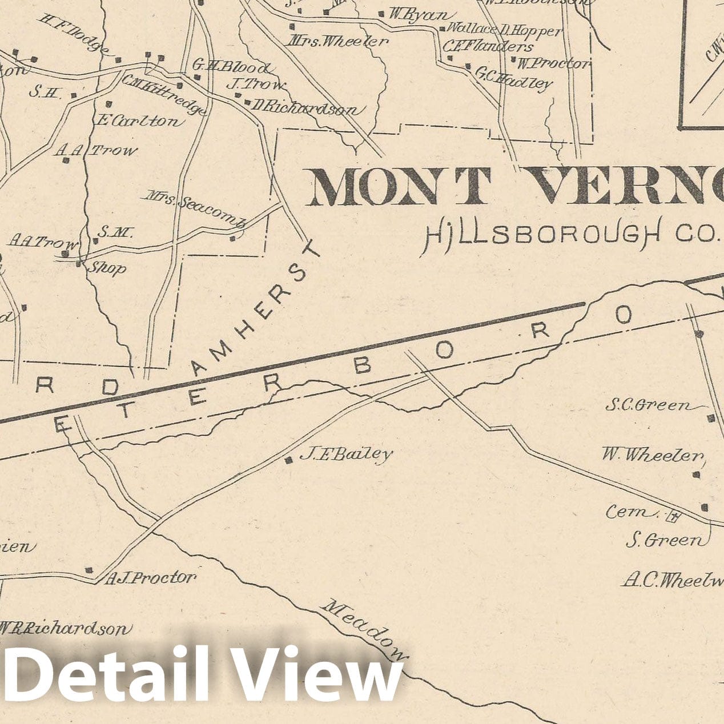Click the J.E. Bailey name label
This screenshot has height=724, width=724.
346,454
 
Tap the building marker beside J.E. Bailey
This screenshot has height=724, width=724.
289,460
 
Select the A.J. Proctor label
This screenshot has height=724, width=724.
151,578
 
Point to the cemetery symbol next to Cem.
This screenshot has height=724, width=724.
674,518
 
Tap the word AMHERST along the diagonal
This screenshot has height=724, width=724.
257,308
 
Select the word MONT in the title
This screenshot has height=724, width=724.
400,187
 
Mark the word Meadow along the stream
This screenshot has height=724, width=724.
365,628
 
